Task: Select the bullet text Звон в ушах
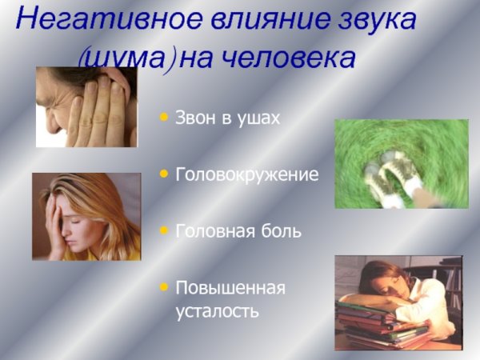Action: [228, 118]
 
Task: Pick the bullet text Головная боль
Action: [238, 231]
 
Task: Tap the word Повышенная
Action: [230, 286]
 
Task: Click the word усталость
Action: [218, 310]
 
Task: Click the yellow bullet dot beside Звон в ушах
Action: [164, 117]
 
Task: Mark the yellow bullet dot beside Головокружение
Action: [164, 172]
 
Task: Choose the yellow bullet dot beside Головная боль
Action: [164, 230]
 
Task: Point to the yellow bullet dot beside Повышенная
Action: [164, 286]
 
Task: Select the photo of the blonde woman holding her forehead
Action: [86, 217]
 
